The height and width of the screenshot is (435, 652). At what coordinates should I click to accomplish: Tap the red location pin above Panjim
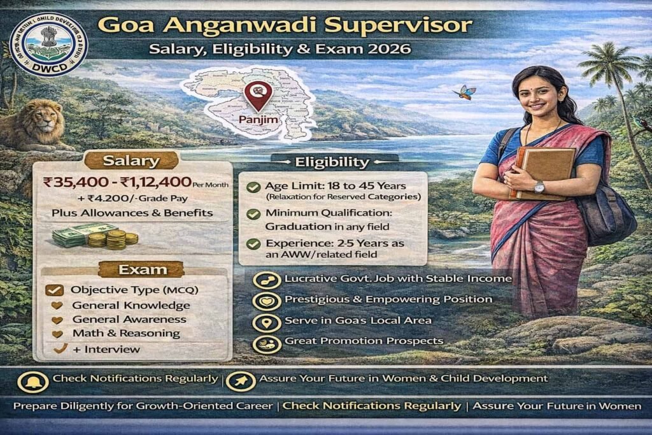[258, 95]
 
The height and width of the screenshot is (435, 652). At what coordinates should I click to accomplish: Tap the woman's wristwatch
[539, 187]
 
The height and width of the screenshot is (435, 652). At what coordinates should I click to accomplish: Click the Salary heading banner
[131, 160]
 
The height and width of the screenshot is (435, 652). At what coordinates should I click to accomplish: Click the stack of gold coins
[115, 239]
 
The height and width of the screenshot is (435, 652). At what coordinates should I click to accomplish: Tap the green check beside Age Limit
[253, 187]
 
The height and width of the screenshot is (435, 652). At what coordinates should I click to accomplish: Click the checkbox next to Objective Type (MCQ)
[54, 290]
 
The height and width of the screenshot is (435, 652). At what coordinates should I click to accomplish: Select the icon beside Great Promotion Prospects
[267, 343]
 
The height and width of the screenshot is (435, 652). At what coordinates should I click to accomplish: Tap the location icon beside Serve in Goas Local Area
[267, 321]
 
